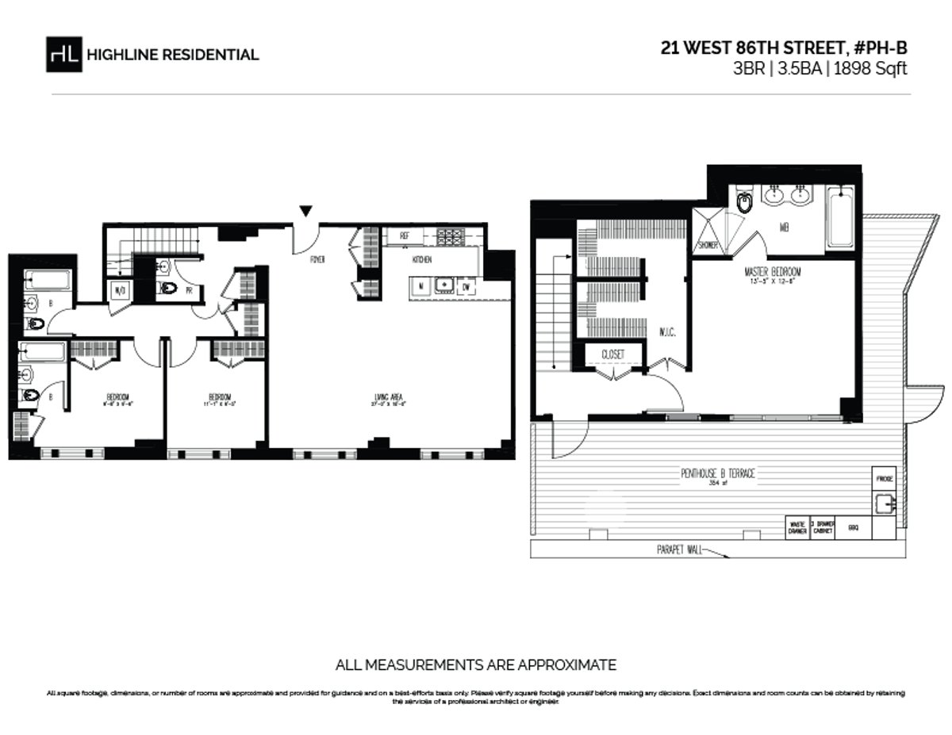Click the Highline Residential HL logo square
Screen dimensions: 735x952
(x=63, y=54)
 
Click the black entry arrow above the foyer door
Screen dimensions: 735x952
(x=305, y=210)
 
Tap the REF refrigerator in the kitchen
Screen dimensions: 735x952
(x=405, y=235)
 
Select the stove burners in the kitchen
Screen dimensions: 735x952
(x=451, y=235)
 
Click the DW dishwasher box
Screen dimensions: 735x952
(x=468, y=285)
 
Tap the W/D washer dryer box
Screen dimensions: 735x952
(x=121, y=289)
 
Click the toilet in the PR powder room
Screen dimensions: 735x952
(x=168, y=289)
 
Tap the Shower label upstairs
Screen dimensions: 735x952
(x=708, y=246)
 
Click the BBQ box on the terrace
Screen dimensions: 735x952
(x=853, y=527)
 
